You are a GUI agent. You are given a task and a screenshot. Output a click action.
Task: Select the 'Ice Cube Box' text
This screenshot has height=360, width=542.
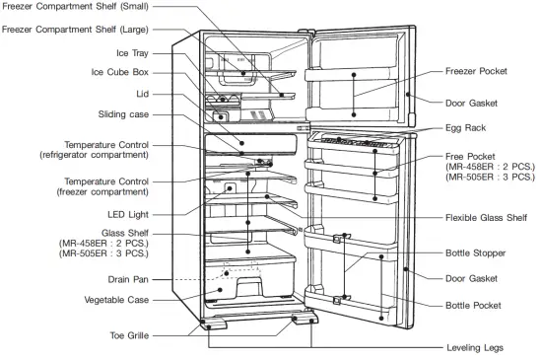[123, 72]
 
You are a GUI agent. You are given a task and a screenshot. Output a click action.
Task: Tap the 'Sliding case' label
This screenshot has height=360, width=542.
[123, 114]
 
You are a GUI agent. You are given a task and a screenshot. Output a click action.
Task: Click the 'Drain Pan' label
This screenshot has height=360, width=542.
[128, 280]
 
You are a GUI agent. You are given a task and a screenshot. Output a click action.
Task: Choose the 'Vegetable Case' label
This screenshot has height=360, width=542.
[116, 299]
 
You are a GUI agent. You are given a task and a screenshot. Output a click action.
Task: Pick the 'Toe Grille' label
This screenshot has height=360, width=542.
[128, 335]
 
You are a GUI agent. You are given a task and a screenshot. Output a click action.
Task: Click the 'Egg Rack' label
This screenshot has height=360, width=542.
[464, 128]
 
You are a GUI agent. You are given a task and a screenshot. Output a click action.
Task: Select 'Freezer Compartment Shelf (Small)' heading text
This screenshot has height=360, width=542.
[78, 7]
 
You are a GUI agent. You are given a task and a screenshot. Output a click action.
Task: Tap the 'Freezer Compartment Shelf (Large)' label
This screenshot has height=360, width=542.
[77, 30]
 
